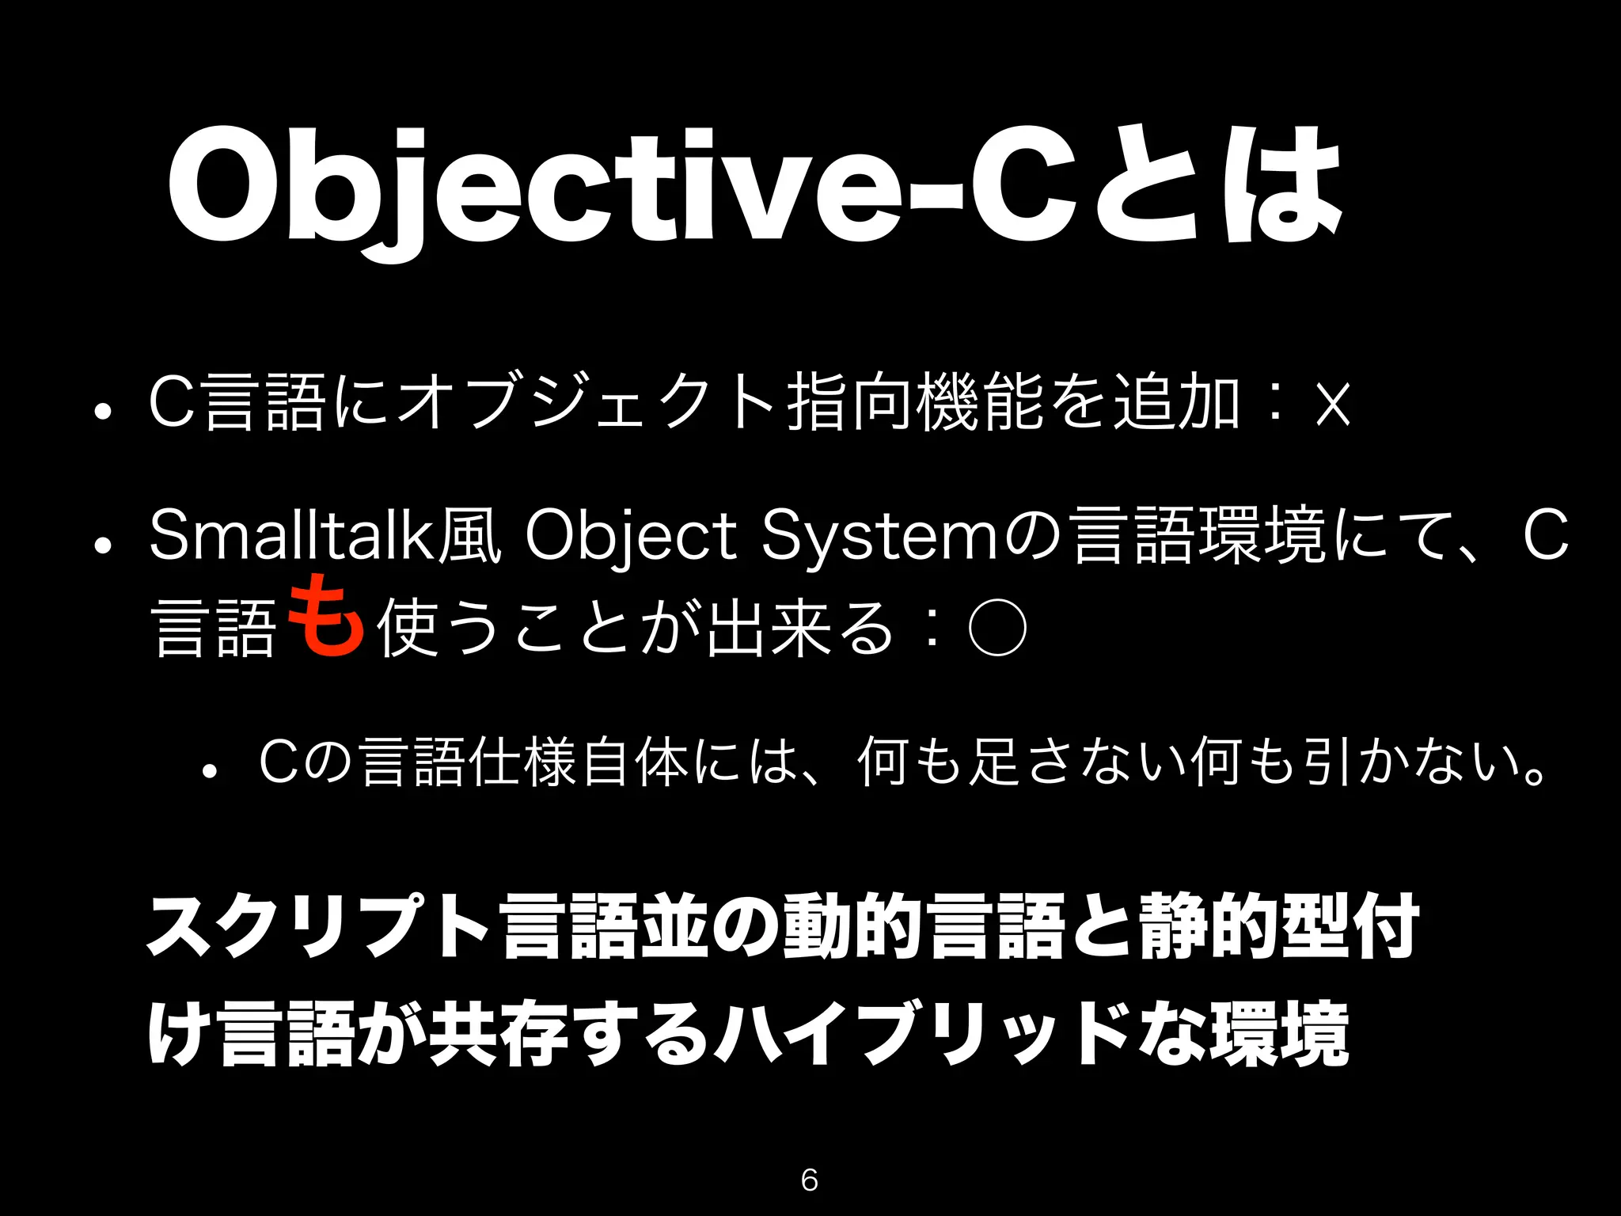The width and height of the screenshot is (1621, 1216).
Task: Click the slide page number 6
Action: [809, 1180]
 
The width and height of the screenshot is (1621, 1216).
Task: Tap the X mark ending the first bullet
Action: [1331, 405]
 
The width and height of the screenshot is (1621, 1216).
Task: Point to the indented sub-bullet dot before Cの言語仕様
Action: [210, 771]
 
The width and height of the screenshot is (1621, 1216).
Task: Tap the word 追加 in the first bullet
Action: [1176, 405]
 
